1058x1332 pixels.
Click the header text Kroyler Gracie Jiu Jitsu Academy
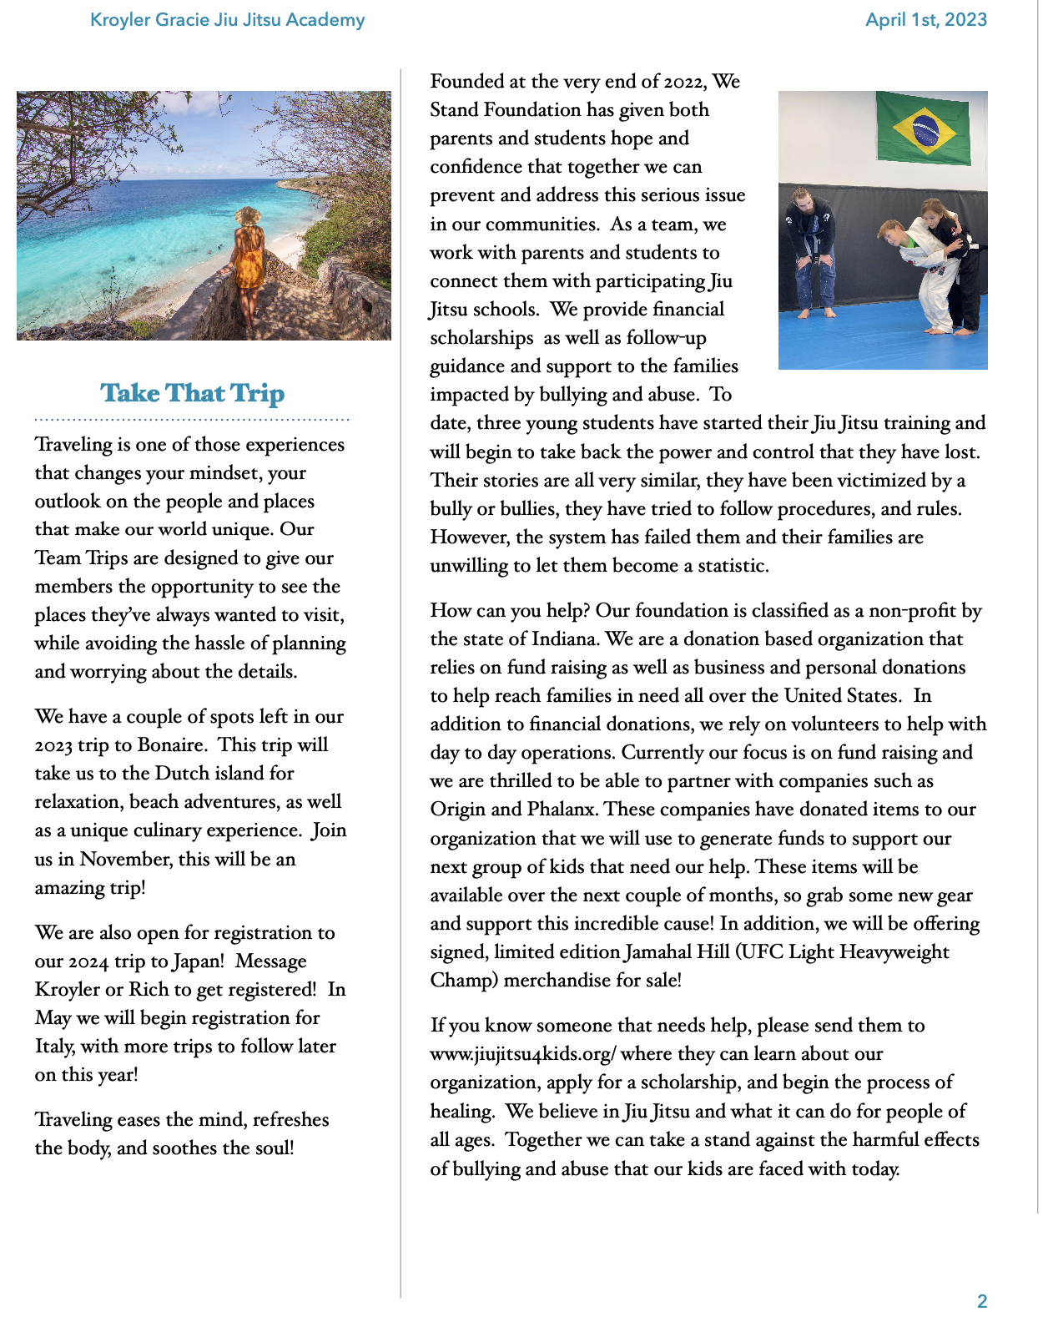[x=227, y=20]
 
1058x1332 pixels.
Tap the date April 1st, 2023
[x=925, y=20]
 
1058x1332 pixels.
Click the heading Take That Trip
[x=192, y=393]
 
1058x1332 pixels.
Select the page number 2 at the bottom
[x=982, y=1301]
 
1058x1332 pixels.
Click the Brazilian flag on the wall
[x=923, y=129]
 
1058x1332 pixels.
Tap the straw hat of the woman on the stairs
[x=247, y=216]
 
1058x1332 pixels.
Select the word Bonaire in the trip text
[x=172, y=745]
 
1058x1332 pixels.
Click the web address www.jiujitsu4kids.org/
[x=523, y=1054]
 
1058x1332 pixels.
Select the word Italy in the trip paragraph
[x=55, y=1047]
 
